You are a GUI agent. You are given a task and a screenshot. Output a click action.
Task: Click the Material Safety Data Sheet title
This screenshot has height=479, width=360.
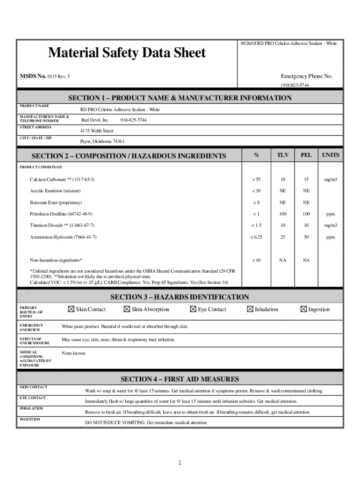(127, 53)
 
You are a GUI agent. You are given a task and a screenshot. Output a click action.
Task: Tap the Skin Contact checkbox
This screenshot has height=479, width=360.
(71, 309)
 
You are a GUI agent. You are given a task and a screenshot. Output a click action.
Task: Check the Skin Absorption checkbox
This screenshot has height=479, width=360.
(127, 309)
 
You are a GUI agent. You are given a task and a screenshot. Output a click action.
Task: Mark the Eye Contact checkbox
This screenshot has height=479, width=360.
(194, 309)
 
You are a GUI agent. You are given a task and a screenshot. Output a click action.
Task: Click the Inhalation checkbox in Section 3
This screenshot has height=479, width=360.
(250, 309)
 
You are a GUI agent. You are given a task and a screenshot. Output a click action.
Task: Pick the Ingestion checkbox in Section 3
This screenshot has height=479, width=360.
(303, 309)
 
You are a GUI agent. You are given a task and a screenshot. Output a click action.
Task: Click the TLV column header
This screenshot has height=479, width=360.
(283, 155)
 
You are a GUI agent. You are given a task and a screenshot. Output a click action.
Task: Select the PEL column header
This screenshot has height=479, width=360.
(306, 155)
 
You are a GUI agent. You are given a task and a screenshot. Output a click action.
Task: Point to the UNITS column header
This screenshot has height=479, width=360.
(331, 155)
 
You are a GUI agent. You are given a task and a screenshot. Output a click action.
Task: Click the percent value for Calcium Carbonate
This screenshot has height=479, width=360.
(256, 180)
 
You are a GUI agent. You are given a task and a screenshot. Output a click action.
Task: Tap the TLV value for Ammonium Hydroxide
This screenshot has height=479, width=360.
(283, 237)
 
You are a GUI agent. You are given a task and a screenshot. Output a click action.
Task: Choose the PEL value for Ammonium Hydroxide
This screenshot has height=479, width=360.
(306, 237)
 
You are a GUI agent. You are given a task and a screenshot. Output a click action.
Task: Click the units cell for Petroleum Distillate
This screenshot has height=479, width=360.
(331, 214)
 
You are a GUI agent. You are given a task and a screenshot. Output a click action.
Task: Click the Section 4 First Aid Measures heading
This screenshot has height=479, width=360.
(180, 379)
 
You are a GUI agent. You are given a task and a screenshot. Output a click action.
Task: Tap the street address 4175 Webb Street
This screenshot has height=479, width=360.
(97, 131)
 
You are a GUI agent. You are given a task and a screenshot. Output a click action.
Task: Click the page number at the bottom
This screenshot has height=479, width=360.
(179, 463)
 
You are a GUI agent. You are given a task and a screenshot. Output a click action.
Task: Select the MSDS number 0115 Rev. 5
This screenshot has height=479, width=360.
(58, 76)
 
